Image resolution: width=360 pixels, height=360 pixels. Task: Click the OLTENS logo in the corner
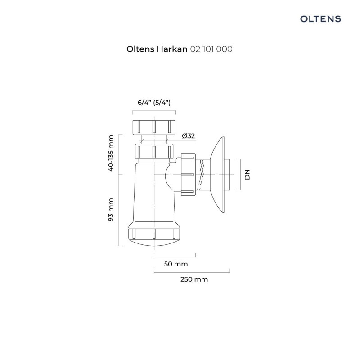[320, 18]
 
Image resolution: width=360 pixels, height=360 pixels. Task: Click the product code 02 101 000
[211, 50]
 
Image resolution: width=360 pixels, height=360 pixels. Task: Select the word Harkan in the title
[172, 50]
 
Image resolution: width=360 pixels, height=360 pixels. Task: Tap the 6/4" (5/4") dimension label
[154, 102]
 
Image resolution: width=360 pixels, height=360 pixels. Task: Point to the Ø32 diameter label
[188, 136]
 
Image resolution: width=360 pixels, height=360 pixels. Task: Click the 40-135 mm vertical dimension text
[111, 154]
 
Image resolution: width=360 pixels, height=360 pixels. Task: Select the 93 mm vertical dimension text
[111, 210]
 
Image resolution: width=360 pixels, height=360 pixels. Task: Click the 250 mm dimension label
[194, 279]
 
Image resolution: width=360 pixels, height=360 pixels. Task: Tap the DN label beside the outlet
[247, 175]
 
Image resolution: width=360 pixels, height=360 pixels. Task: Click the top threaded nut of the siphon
[154, 126]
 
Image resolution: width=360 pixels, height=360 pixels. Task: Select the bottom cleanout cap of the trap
[154, 234]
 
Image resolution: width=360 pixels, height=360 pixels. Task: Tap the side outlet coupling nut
[188, 175]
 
